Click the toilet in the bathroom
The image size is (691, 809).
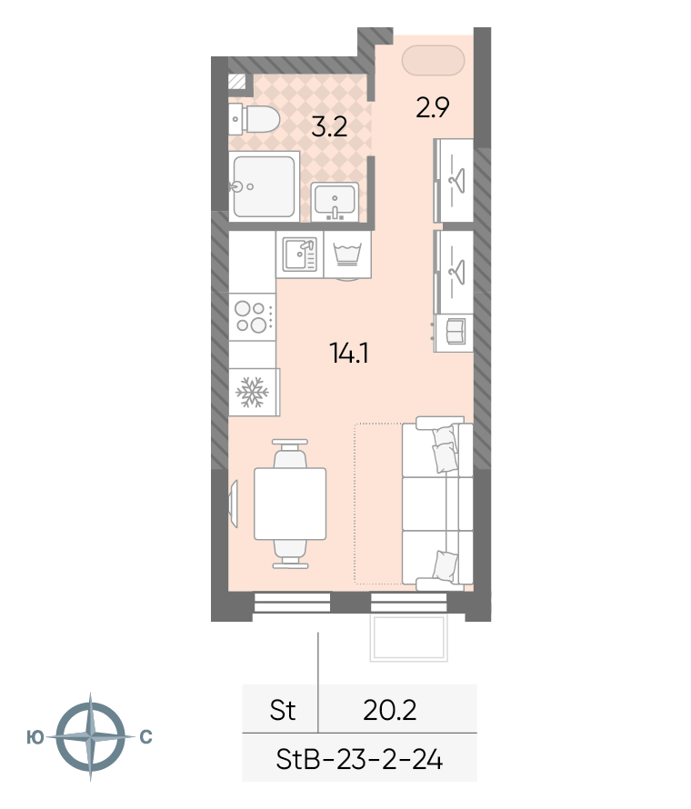[x=256, y=118]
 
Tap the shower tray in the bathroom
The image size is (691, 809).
[x=264, y=186]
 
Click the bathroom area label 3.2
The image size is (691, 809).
[x=329, y=126]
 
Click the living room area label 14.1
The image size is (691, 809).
[x=348, y=352]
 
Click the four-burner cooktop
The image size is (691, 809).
[x=252, y=316]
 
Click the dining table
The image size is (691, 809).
[x=290, y=503]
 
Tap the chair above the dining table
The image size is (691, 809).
[x=289, y=453]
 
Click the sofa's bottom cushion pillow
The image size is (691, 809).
[x=445, y=565]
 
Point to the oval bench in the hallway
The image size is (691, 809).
[x=435, y=61]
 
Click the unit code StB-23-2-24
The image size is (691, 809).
[x=359, y=759]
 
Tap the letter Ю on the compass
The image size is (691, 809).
[x=35, y=736]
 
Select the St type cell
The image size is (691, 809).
[x=283, y=710]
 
